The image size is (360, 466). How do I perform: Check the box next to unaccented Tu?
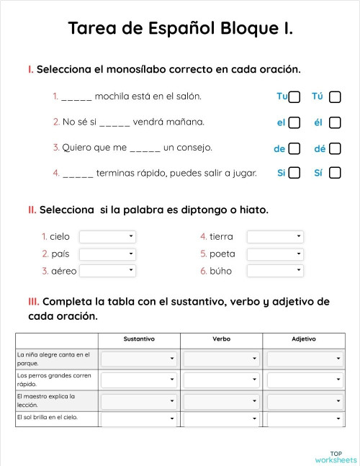pos(294,97)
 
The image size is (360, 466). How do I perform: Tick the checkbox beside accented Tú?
pos(335,97)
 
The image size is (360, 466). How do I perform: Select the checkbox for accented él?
pos(335,122)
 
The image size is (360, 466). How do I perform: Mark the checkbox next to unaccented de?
pos(294,148)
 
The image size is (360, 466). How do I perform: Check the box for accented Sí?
pos(335,173)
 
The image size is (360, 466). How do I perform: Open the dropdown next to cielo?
pos(107,236)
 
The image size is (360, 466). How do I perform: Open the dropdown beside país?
pos(107,254)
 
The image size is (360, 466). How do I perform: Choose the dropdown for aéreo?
pos(107,271)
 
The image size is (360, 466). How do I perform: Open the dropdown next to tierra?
pos(275,236)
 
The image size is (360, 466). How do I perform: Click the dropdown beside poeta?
pos(275,254)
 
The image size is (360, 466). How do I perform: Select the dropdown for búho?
pos(275,271)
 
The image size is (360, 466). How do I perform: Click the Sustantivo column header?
pos(139,339)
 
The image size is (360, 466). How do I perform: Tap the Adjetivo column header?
pos(304,339)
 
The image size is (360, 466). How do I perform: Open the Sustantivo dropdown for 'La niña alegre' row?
pos(139,359)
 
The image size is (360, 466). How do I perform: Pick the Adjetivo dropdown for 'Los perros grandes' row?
pos(304,380)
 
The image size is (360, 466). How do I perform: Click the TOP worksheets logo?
pos(336,457)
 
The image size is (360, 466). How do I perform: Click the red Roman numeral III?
pos(33,301)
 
